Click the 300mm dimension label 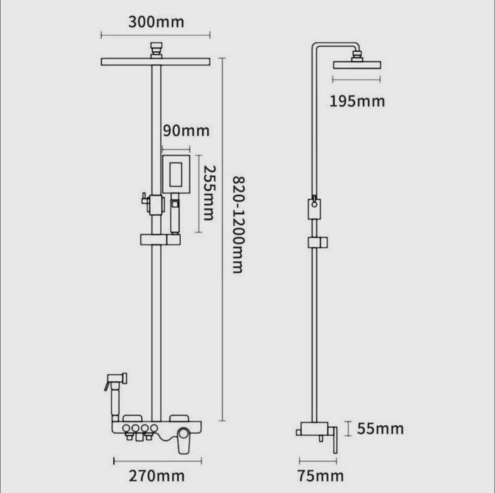point(156,22)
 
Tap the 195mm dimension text point(357,101)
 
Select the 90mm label point(186,131)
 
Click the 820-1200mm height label point(238,225)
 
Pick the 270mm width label point(157,476)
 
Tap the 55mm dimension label point(380,429)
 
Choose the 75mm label point(320,476)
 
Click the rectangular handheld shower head point(176,173)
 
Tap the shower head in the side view point(357,65)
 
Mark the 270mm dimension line point(157,461)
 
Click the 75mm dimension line point(318,461)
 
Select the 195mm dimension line point(356,79)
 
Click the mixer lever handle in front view point(183,440)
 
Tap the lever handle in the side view point(334,440)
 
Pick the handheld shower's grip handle point(175,216)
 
